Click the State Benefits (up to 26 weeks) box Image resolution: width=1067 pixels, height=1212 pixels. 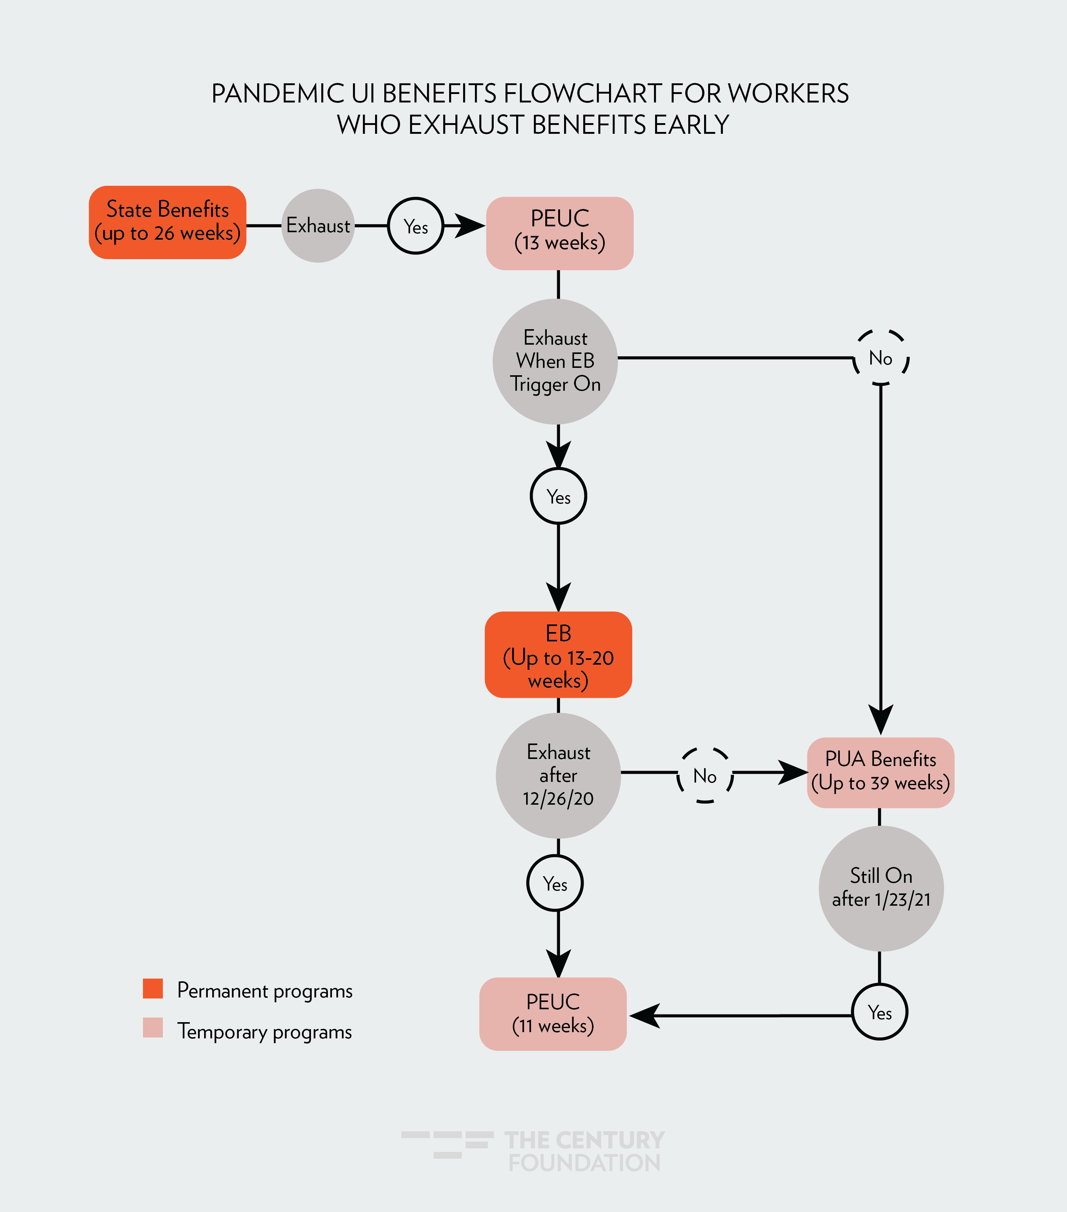tap(168, 222)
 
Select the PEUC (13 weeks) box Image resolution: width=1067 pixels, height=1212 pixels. tap(560, 233)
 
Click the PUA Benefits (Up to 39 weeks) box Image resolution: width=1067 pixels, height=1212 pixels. tap(880, 772)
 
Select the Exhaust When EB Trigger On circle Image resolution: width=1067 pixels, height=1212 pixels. tap(556, 361)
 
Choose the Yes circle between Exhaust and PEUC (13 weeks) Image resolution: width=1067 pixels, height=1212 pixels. tap(416, 226)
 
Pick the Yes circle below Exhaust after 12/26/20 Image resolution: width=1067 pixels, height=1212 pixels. tap(555, 884)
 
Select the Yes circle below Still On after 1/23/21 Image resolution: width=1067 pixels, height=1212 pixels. tap(880, 1012)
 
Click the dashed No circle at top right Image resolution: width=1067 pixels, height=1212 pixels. tap(881, 358)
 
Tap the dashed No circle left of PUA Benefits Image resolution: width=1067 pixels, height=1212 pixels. tap(705, 775)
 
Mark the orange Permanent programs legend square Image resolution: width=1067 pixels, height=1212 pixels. tap(153, 989)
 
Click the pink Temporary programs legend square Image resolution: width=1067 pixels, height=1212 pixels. tap(153, 1028)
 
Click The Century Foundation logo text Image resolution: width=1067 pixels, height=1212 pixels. tap(584, 1151)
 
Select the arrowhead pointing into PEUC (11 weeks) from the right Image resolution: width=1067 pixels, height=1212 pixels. tap(644, 1016)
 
